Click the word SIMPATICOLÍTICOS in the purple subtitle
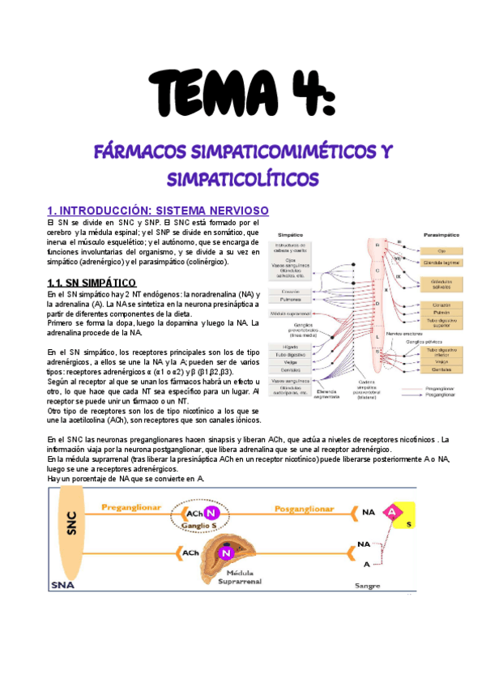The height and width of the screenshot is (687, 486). pos(242,177)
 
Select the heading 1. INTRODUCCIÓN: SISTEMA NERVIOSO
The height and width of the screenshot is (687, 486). pos(152,211)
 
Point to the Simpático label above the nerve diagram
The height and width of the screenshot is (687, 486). pos(292,234)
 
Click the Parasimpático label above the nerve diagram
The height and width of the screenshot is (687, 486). pos(443,234)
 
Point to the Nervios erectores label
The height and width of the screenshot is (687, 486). pos(403,333)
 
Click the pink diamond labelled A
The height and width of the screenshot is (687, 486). pos(392,512)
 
